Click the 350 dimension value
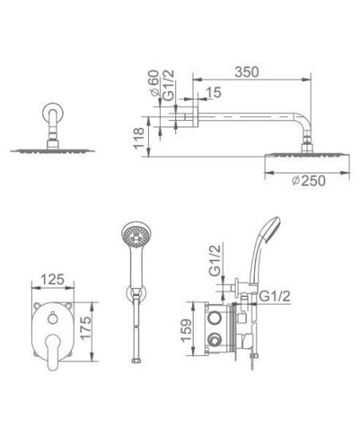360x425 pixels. [x=247, y=72]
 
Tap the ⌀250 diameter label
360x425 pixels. [x=308, y=181]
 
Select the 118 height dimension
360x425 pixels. [x=139, y=138]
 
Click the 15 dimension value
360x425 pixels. [x=213, y=92]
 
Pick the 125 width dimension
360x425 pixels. [x=53, y=279]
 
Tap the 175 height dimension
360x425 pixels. [x=85, y=327]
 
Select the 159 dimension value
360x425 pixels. [x=186, y=330]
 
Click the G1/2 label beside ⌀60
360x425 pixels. [x=169, y=85]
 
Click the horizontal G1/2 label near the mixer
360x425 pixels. [x=275, y=296]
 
